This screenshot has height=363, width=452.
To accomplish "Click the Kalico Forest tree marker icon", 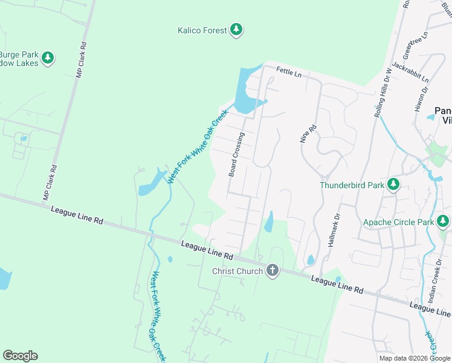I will [x=236, y=30].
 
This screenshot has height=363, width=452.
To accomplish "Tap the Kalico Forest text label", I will [x=202, y=30].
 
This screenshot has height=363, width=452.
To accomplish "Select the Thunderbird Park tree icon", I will [x=393, y=185].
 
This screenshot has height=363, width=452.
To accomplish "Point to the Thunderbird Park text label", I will [x=351, y=185].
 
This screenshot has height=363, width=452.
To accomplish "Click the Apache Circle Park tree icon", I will [x=444, y=221].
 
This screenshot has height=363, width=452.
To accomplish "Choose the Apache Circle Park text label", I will [x=398, y=222].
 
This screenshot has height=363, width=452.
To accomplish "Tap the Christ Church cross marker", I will [x=272, y=270].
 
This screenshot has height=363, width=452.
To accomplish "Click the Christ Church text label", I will [x=237, y=271].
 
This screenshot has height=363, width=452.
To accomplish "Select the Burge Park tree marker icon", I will [x=47, y=58].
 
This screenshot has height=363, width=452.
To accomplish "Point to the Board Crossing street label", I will [x=236, y=154].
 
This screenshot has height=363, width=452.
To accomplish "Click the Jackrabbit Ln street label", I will [x=410, y=71].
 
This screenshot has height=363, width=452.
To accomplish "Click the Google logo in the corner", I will [x=20, y=356].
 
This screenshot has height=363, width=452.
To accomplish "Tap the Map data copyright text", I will [x=415, y=358].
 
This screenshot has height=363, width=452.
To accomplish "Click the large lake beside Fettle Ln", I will [x=247, y=91].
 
